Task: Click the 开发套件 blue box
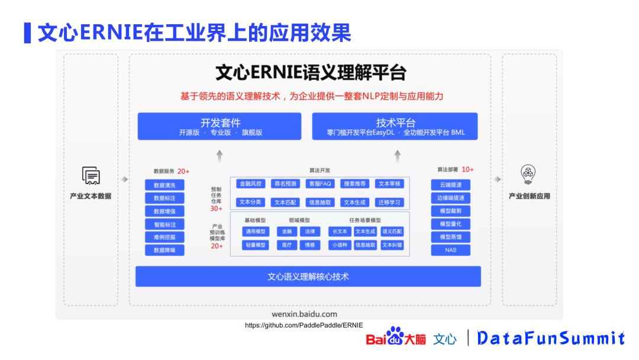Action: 220,127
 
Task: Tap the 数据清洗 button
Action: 164,185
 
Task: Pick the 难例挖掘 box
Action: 164,237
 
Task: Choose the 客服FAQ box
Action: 319,184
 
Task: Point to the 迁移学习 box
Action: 389,202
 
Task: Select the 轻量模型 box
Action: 256,245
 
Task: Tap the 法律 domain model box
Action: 310,232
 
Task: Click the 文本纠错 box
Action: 392,245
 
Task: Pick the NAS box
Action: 451,250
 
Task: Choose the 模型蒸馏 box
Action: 451,237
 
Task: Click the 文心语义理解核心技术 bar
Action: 308,277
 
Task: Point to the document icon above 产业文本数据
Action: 91,176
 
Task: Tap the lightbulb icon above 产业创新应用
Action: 528,175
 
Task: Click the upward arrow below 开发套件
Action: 220,156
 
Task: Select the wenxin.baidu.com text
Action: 304,314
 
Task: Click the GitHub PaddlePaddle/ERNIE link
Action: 304,326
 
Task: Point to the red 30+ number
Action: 217,208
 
